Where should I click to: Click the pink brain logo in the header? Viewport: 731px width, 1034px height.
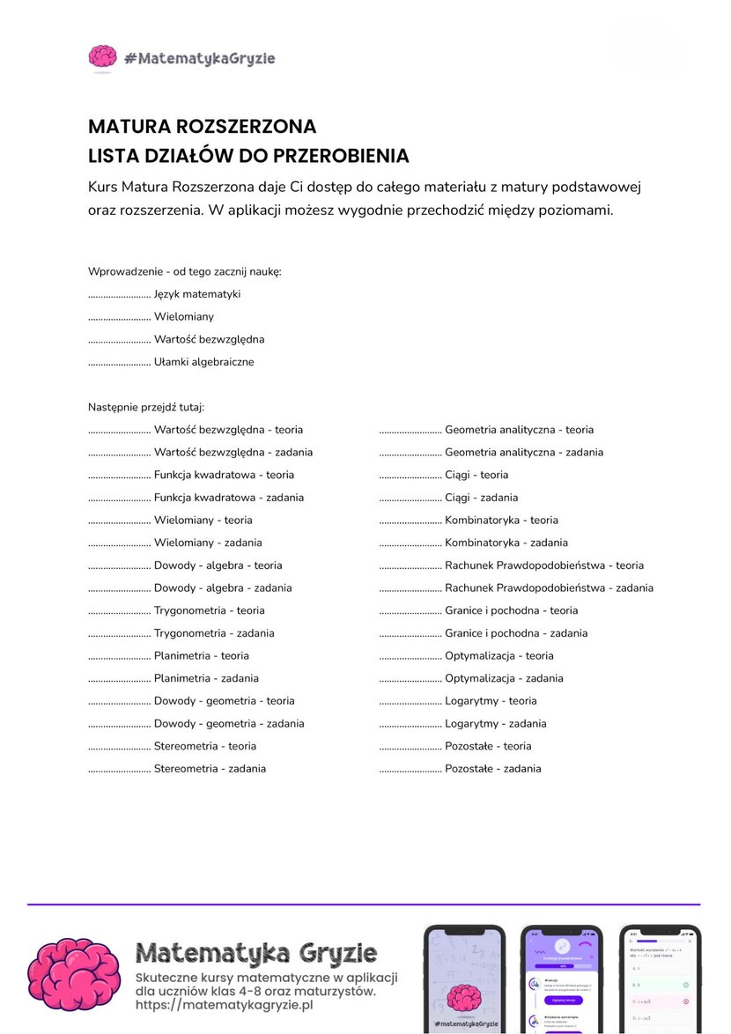pyautogui.click(x=102, y=58)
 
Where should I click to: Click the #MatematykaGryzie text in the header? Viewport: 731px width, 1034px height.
pyautogui.click(x=200, y=59)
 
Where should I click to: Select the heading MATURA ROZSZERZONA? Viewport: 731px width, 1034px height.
pyautogui.click(x=202, y=127)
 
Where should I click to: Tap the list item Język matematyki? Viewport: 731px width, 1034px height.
pyautogui.click(x=196, y=294)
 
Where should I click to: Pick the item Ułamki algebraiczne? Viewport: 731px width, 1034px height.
pyautogui.click(x=203, y=362)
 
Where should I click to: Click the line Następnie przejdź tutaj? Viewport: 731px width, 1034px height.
pyautogui.click(x=146, y=407)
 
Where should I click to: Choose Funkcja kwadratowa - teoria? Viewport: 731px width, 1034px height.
pyautogui.click(x=224, y=475)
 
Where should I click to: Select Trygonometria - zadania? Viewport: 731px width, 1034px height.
pyautogui.click(x=214, y=633)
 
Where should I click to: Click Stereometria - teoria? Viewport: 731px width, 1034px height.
pyautogui.click(x=205, y=746)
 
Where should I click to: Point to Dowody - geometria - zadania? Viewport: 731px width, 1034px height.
pyautogui.click(x=229, y=723)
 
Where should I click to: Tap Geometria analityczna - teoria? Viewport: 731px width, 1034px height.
pyautogui.click(x=519, y=430)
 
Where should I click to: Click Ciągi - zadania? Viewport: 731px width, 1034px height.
pyautogui.click(x=481, y=498)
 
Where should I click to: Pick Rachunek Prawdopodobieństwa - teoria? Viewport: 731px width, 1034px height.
pyautogui.click(x=543, y=565)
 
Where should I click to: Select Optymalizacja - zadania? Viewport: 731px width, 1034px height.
pyautogui.click(x=504, y=678)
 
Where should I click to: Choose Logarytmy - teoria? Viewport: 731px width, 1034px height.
pyautogui.click(x=491, y=701)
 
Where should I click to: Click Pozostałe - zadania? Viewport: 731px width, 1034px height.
pyautogui.click(x=492, y=769)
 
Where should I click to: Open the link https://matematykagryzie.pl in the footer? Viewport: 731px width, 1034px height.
pyautogui.click(x=225, y=1005)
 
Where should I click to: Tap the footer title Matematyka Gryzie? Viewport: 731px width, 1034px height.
pyautogui.click(x=256, y=953)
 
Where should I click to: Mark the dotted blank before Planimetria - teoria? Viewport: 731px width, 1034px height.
pyautogui.click(x=119, y=657)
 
